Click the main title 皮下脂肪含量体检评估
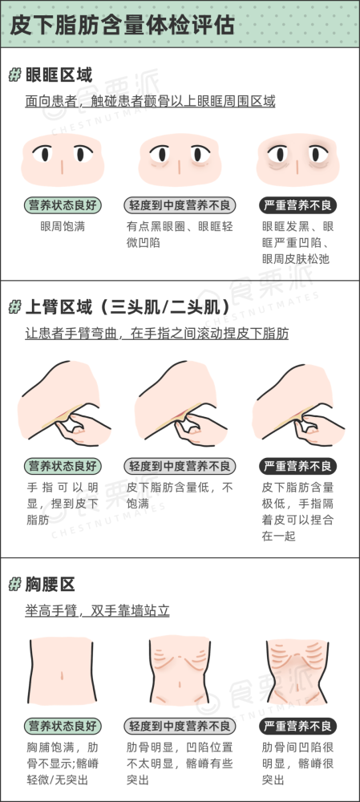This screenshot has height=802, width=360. pos(122,25)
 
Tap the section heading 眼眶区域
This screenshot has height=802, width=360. pos(59,75)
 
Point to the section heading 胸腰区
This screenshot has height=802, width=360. pos(51,584)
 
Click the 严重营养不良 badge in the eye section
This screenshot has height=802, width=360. pos(297,205)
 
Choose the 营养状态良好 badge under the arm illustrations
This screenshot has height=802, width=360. pos(63,467)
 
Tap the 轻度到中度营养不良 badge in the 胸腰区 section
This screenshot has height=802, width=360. pos(180,726)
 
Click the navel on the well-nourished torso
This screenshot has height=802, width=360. pos(62,675)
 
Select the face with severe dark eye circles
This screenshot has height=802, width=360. pos(297,160)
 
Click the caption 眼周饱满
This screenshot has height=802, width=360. pos(63,226)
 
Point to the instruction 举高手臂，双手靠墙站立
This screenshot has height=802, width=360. pos(97,610)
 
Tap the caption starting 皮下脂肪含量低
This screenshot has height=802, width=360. pos(180,496)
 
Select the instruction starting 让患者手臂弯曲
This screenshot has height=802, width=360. pos(157,334)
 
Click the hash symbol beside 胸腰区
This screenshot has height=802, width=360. pos(14,585)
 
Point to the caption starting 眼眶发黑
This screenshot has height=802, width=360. pos(297,242)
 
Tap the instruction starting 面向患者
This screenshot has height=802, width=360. pos(151,101)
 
